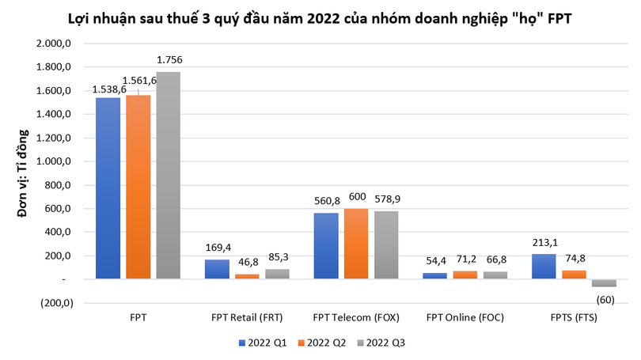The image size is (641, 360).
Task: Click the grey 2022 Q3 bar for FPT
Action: [168, 176]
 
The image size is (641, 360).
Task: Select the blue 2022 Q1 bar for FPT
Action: [108, 188]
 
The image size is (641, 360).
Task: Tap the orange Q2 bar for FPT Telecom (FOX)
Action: [355, 244]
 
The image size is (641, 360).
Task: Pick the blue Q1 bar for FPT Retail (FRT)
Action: [217, 269]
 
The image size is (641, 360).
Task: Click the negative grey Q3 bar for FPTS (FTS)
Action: [604, 282]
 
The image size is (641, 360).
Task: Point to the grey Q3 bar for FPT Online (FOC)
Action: [495, 275]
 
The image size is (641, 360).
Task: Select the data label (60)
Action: [605, 298]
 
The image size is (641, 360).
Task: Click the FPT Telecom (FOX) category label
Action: [356, 318]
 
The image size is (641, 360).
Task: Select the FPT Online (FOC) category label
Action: [465, 318]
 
